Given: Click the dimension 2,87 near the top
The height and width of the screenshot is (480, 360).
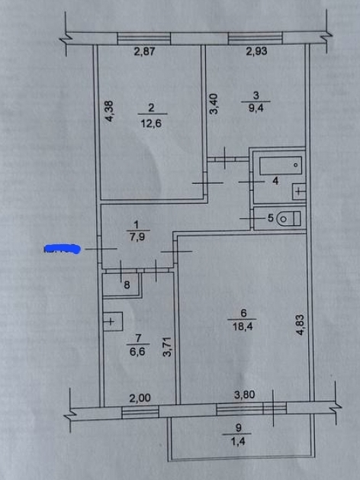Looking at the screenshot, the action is tap(145, 51).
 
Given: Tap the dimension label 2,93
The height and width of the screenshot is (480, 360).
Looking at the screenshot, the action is tap(256, 51).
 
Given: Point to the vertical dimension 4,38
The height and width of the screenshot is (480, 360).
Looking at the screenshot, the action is tap(109, 111).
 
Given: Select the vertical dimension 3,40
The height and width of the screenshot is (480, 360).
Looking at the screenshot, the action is tap(214, 104).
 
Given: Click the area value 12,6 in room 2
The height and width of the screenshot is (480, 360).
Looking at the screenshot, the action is tap(152, 124).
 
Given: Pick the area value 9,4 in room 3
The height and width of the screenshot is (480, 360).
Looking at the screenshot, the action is tap(256, 108).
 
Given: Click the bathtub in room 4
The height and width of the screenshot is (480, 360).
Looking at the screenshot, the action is tap(281, 166).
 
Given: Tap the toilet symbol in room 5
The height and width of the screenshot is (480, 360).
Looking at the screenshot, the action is tap(289, 219).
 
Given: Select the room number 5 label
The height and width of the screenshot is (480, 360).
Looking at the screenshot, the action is tap(271, 218).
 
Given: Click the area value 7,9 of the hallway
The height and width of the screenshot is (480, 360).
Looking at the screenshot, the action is tap(137, 237).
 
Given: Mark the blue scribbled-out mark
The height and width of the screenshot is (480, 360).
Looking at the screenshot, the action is tap(63, 250).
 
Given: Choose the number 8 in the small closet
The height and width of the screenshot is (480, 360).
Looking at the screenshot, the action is tap(127, 285).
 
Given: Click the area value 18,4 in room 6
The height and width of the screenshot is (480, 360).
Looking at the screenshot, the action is tap(243, 327).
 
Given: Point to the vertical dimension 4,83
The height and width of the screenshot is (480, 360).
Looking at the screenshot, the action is tap(300, 325).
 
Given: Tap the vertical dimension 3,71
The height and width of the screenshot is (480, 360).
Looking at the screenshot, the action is tap(167, 346).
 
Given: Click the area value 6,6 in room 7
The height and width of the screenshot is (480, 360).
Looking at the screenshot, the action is tap(137, 352).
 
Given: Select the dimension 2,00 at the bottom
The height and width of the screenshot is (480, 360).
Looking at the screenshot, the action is tap(140, 398).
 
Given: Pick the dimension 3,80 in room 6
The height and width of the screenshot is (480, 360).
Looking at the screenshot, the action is tap(245, 395).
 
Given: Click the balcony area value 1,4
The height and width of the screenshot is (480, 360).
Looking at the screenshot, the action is tap(238, 441).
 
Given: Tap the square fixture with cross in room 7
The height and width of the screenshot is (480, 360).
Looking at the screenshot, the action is tap(113, 322).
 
